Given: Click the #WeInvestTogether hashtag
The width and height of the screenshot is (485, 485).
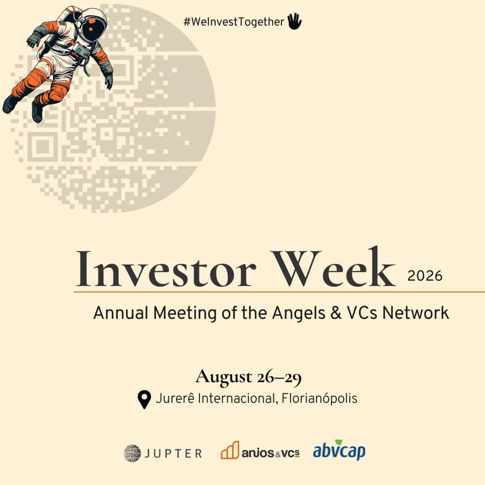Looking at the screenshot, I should click(234, 22).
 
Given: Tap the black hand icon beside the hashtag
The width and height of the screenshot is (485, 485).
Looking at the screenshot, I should click(294, 22).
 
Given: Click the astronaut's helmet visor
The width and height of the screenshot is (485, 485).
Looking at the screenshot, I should click(93, 28).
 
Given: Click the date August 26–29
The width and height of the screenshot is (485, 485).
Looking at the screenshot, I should click(248, 377).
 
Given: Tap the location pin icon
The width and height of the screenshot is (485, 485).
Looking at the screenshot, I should click(144, 400).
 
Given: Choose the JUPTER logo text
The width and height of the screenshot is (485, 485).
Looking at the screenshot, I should click(174, 453).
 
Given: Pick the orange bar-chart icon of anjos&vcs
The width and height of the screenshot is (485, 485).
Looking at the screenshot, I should click(230, 450).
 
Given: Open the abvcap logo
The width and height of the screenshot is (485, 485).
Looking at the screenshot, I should click(339, 452).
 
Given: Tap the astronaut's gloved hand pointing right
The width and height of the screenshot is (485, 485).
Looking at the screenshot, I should click(109, 81).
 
